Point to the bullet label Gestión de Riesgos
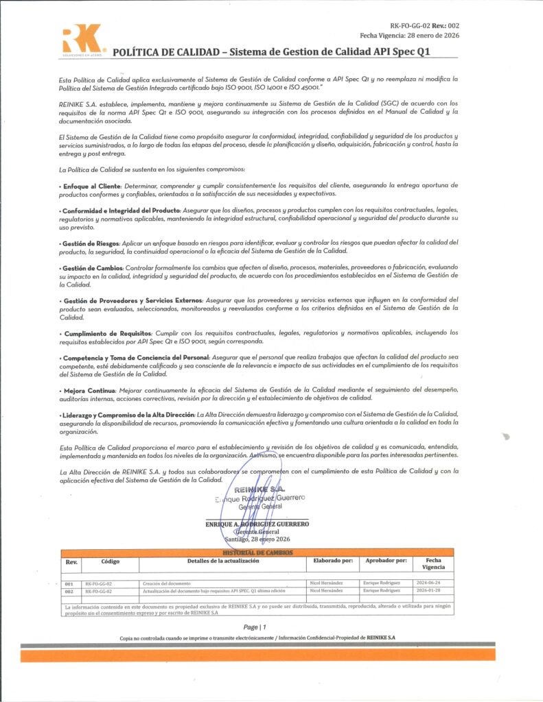pyautogui.click(x=91, y=243)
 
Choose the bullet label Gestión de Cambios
pyautogui.click(x=92, y=267)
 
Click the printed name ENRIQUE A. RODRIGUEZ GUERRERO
pyautogui.click(x=257, y=524)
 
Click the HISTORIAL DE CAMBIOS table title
pyautogui.click(x=257, y=552)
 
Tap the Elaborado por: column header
pyautogui.click(x=332, y=561)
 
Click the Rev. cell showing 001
pyautogui.click(x=69, y=583)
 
